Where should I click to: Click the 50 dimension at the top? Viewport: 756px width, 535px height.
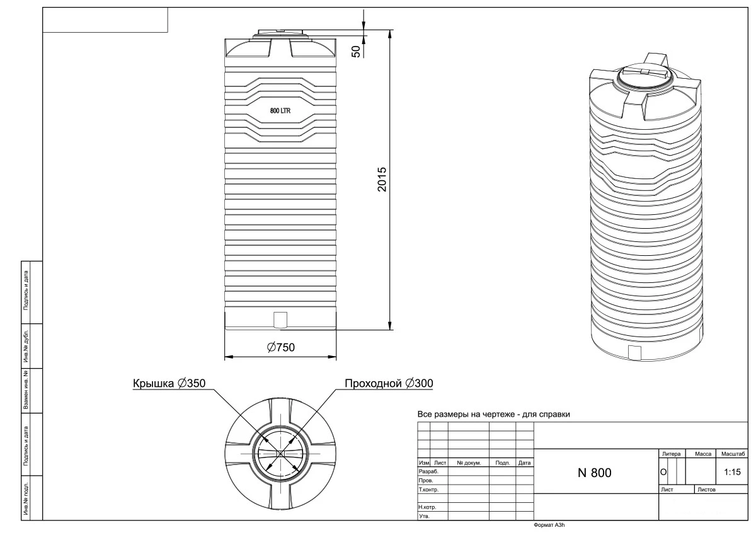pyautogui.click(x=356, y=51)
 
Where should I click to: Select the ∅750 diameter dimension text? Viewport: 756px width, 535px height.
pyautogui.click(x=281, y=347)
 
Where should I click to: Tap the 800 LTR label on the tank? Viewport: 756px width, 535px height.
pyautogui.click(x=280, y=111)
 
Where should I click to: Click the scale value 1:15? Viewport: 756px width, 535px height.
pyautogui.click(x=733, y=471)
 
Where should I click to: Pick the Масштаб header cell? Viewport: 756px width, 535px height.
pyautogui.click(x=733, y=454)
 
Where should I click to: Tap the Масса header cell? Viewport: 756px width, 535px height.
pyautogui.click(x=702, y=454)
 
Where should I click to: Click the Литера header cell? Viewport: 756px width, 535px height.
pyautogui.click(x=671, y=454)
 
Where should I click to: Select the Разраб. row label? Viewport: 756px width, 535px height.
pyautogui.click(x=428, y=471)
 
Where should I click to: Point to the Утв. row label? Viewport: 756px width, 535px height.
pyautogui.click(x=423, y=516)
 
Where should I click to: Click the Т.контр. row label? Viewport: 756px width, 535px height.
pyautogui.click(x=428, y=489)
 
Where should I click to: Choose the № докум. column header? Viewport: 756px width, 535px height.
pyautogui.click(x=469, y=463)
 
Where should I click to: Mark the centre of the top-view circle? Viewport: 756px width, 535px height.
pyautogui.click(x=280, y=454)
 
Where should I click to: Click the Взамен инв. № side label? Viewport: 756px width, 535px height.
pyautogui.click(x=26, y=391)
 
